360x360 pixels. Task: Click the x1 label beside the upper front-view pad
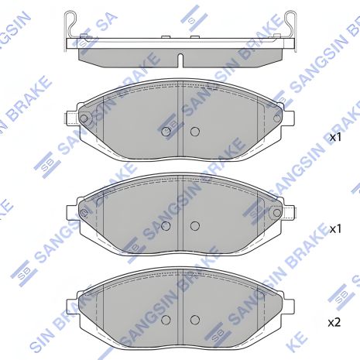335,137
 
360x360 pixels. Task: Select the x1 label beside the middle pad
335,229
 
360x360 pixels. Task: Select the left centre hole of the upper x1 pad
166,132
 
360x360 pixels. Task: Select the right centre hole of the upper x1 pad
195,132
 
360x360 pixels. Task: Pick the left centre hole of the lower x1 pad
166,226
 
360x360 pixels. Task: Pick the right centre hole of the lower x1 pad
195,226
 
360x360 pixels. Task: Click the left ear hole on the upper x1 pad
84,118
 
